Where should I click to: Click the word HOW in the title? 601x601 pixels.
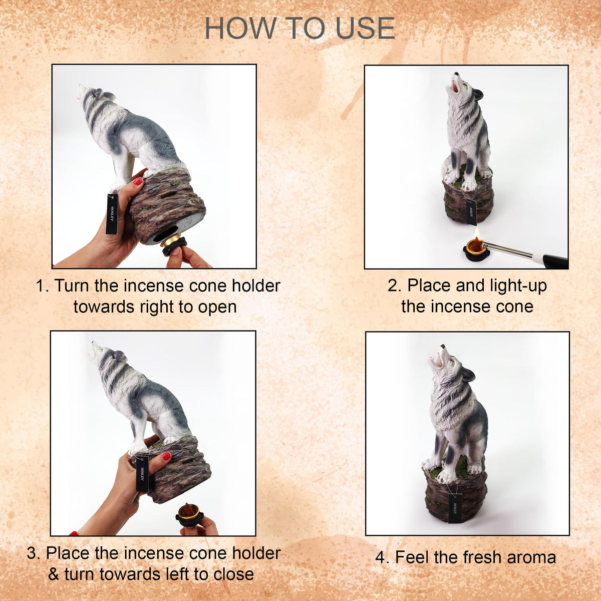click(x=240, y=29)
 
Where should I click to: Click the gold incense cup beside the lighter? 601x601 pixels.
click(x=474, y=251)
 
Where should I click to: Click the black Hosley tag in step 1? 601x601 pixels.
click(x=112, y=214)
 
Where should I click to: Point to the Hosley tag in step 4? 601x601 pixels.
click(x=455, y=512)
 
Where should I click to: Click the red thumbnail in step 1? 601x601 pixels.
click(x=138, y=181)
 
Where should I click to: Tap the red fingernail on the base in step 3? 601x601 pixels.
click(x=166, y=456)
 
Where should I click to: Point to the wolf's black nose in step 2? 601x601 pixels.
click(x=456, y=74)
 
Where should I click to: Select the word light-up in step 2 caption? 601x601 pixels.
click(x=517, y=285)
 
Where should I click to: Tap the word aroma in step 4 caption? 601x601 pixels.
click(x=531, y=557)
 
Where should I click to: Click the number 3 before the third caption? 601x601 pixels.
click(x=32, y=553)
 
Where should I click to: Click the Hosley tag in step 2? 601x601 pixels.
click(x=471, y=212)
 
